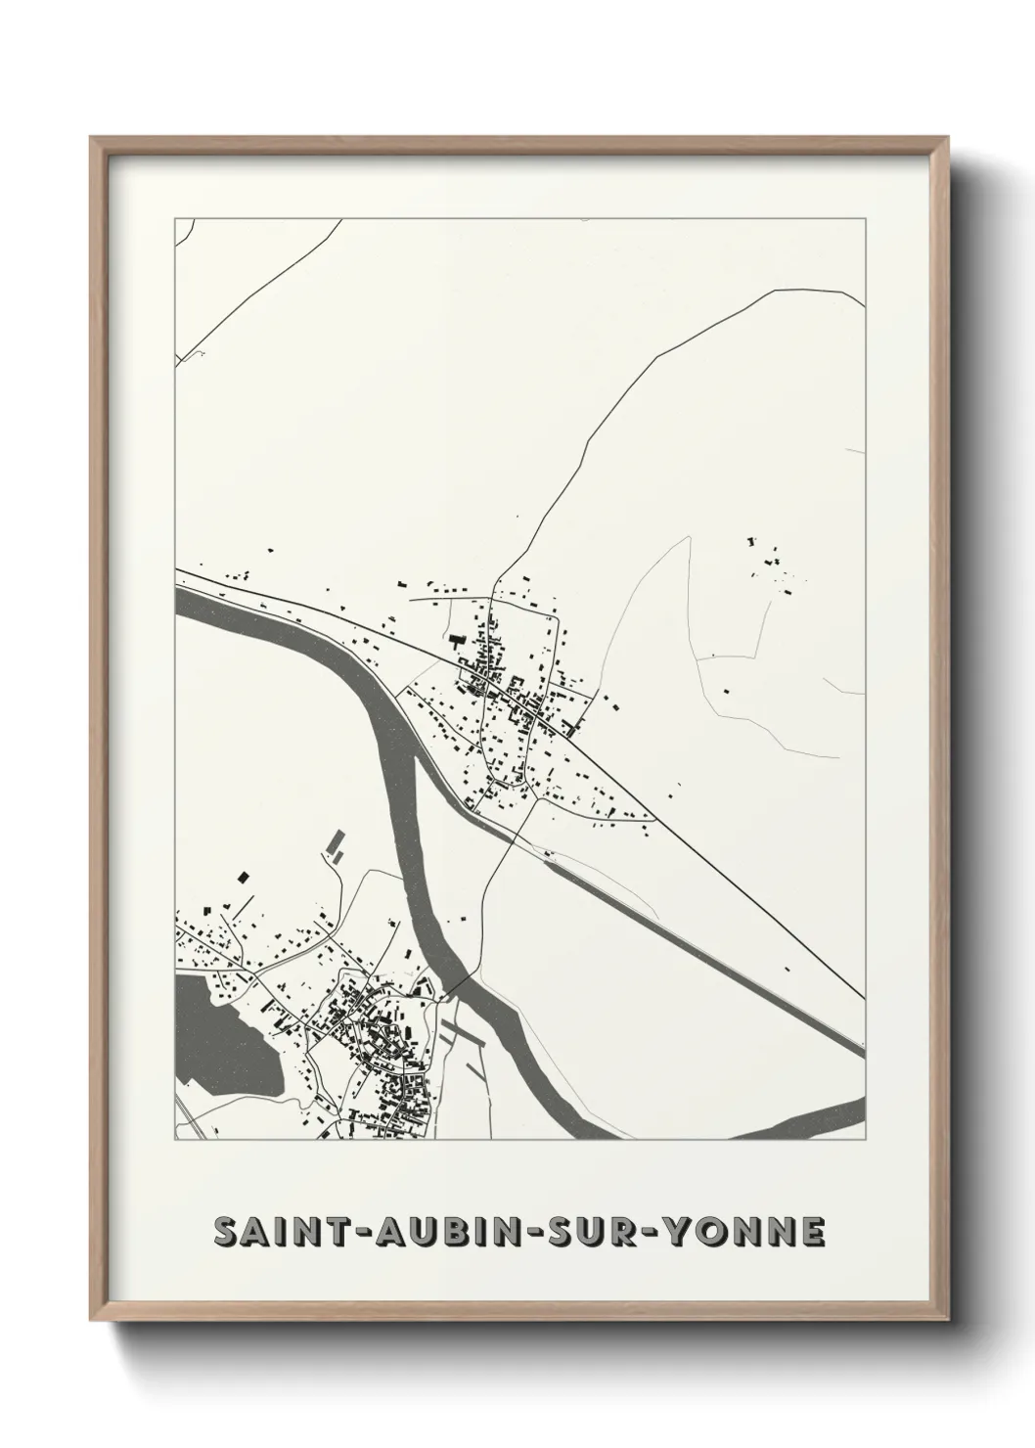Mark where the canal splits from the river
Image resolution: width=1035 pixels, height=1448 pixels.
pyautogui.click(x=417, y=757)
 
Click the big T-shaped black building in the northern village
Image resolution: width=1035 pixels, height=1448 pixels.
pyautogui.click(x=456, y=643)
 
